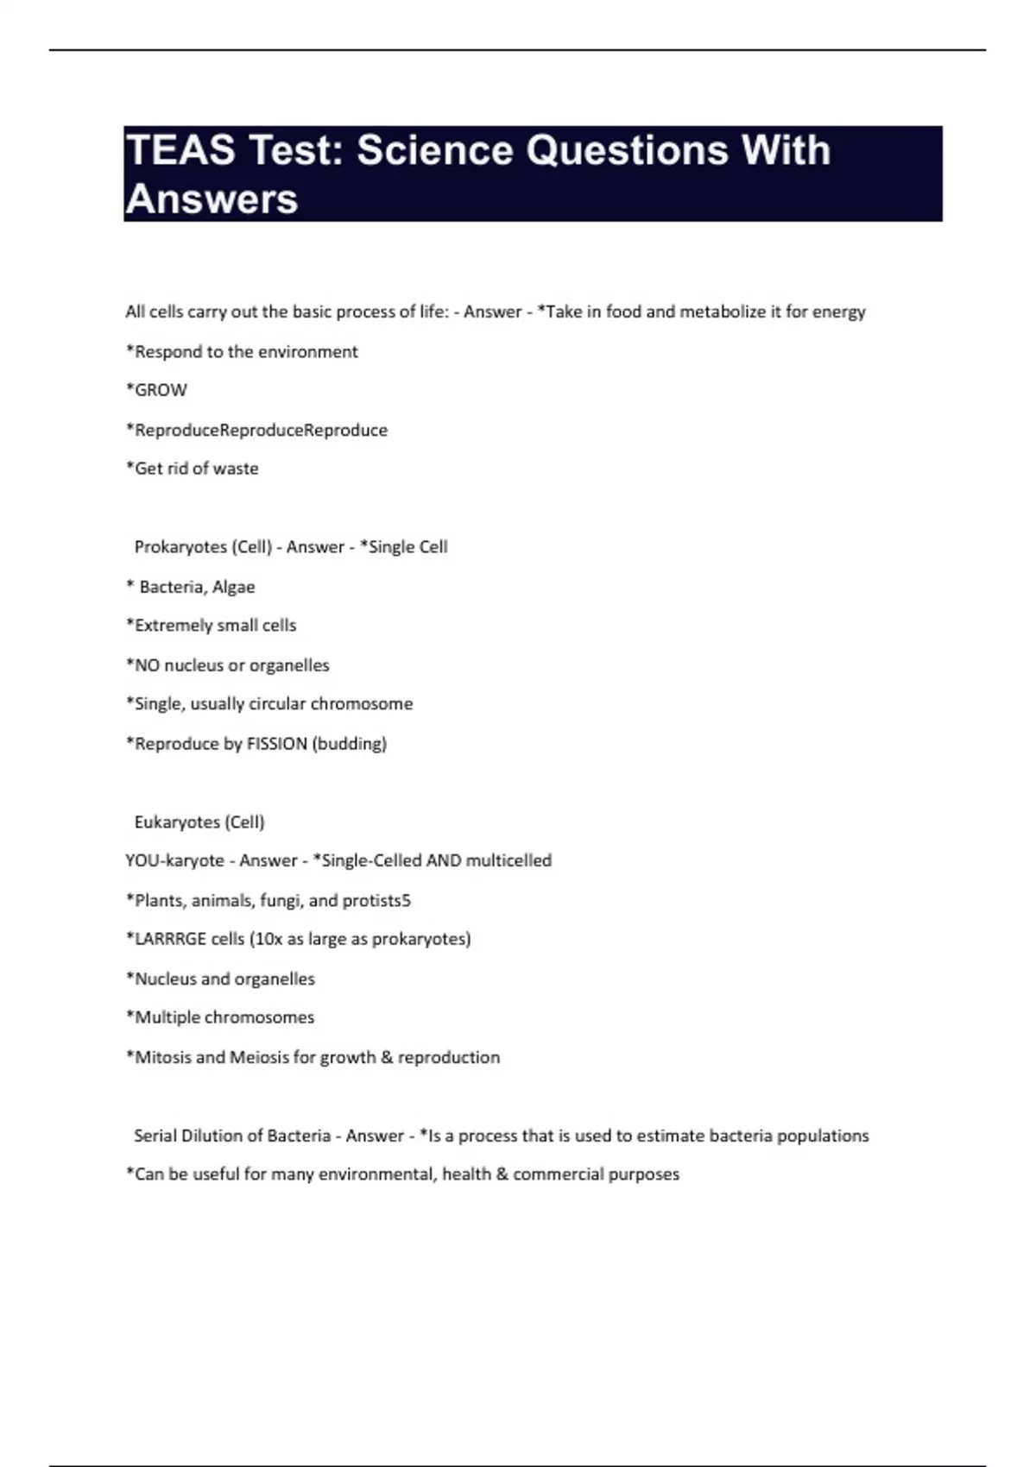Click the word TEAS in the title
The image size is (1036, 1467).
point(180,150)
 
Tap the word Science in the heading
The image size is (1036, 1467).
point(435,150)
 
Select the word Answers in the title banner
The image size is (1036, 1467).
point(212,199)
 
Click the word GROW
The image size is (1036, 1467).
point(161,390)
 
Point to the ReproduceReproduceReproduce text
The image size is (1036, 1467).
point(261,430)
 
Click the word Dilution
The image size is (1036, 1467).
point(212,1136)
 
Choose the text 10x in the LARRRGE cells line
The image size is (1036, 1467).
point(266,939)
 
